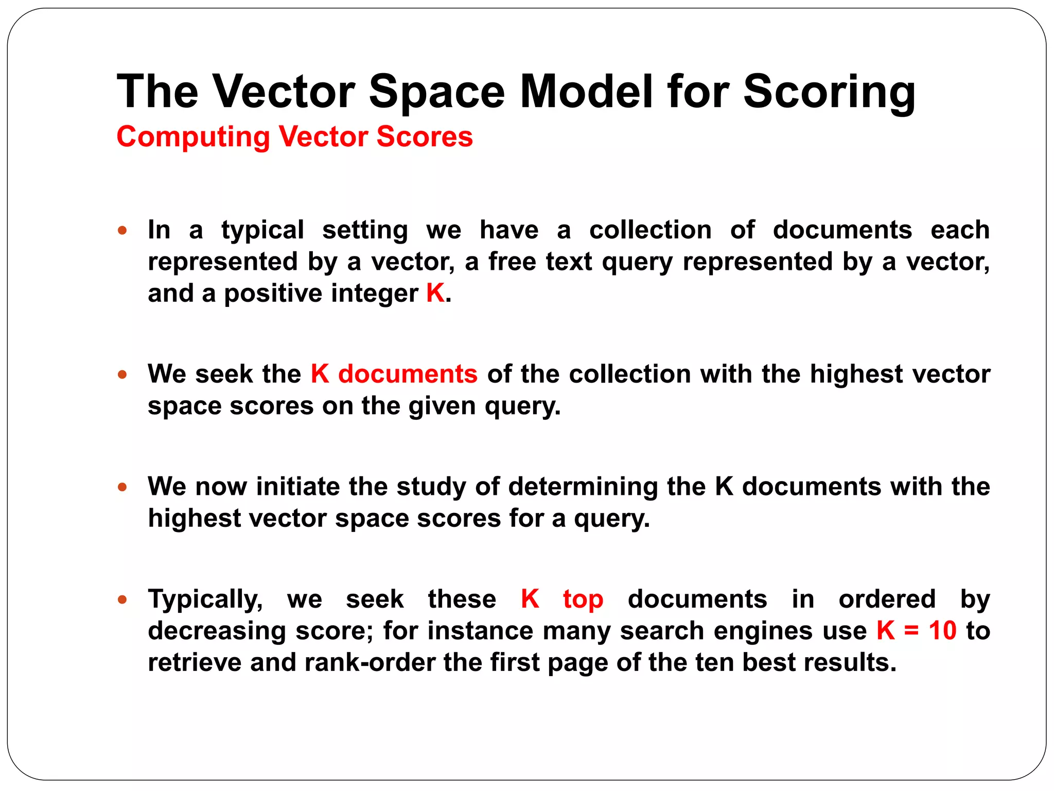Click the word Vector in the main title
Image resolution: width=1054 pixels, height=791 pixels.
tap(284, 92)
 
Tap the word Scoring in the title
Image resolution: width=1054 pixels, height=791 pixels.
tap(829, 92)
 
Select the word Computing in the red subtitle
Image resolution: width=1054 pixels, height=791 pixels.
tap(193, 137)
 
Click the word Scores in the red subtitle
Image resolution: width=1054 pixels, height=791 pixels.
tap(425, 137)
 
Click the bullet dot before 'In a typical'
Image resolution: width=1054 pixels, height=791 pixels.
tap(122, 230)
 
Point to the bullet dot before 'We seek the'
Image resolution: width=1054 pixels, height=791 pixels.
tap(122, 374)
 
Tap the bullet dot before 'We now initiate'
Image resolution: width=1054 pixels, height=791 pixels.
tap(122, 487)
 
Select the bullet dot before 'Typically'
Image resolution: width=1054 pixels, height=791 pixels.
tap(122, 599)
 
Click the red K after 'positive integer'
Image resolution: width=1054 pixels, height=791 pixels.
tap(435, 294)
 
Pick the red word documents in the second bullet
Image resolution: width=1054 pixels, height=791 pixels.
tap(408, 374)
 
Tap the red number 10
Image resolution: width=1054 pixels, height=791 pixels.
tap(942, 631)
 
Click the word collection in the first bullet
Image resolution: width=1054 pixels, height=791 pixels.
tap(650, 230)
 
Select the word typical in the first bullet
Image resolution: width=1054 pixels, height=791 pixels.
tap(262, 231)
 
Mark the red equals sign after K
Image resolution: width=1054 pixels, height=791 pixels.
tap(911, 631)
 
